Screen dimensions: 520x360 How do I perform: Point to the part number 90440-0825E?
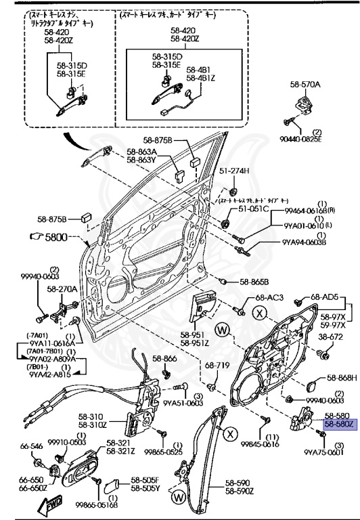tap(316, 138)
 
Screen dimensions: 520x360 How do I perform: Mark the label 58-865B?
tap(254, 281)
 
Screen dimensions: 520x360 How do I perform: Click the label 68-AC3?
tap(268, 298)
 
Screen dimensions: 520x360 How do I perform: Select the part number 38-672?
tap(332, 336)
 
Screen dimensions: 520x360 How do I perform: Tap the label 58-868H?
tap(340, 378)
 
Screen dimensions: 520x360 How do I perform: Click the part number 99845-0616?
tap(261, 445)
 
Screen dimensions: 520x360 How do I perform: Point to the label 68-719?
tap(213, 366)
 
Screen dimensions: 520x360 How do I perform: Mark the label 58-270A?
tap(61, 289)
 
